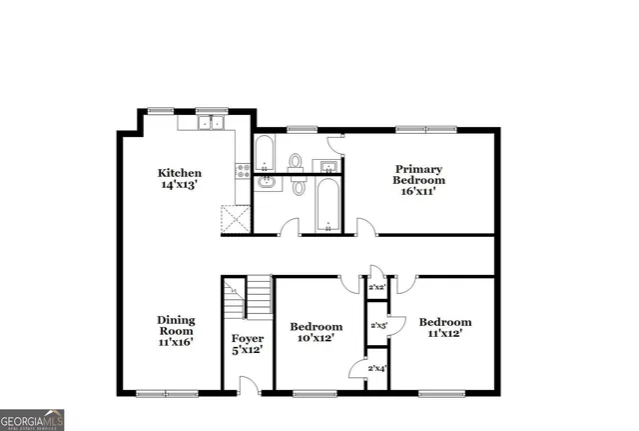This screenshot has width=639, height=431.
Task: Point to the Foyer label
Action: tap(247, 344)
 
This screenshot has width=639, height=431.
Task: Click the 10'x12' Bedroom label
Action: tap(316, 332)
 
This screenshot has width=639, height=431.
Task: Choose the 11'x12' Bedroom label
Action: tap(444, 327)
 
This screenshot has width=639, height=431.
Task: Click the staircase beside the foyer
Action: tap(248, 298)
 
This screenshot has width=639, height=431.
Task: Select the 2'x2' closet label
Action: tap(377, 288)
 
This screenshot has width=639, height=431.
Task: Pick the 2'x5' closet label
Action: tap(377, 325)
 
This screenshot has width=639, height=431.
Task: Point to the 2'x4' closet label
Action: tap(377, 369)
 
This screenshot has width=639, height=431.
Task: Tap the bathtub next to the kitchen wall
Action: tap(265, 152)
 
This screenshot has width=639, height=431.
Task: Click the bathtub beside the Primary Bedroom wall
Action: tap(327, 204)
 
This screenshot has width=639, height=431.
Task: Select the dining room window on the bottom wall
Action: tap(162, 393)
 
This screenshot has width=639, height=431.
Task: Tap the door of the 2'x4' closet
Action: tap(356, 371)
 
